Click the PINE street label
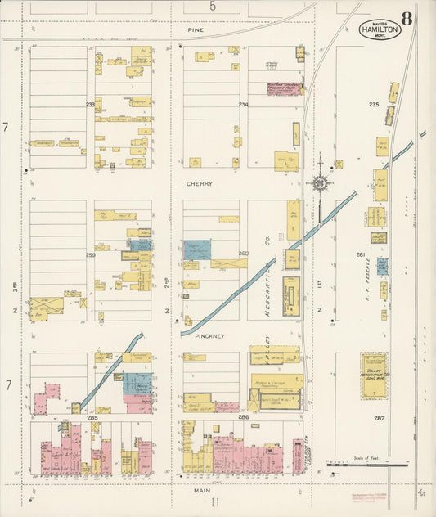pos(195,29)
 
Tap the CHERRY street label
pos(198,184)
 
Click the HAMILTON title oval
pos(380,29)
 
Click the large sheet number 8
pos(407,18)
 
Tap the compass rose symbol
pos(319,182)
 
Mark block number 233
pos(90,105)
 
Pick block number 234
pos(243,105)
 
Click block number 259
pos(90,254)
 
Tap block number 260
pos(243,254)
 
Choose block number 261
pos(361,254)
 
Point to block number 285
pos(90,417)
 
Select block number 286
pos(243,417)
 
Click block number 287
pos(380,418)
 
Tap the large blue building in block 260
pos(197,250)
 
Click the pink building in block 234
pos(284,88)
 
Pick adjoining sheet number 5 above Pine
pos(213,7)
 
